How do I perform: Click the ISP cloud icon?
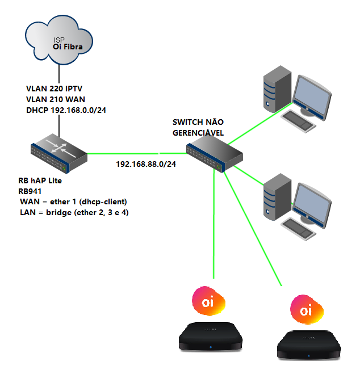[x=60, y=39]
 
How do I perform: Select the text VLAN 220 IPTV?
[x=55, y=89]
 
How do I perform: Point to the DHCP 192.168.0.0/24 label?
[x=66, y=110]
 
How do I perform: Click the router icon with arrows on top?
[x=58, y=152]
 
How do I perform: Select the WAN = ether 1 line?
[x=73, y=202]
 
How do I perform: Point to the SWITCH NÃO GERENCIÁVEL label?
[x=198, y=127]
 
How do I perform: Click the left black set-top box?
[x=210, y=336]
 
